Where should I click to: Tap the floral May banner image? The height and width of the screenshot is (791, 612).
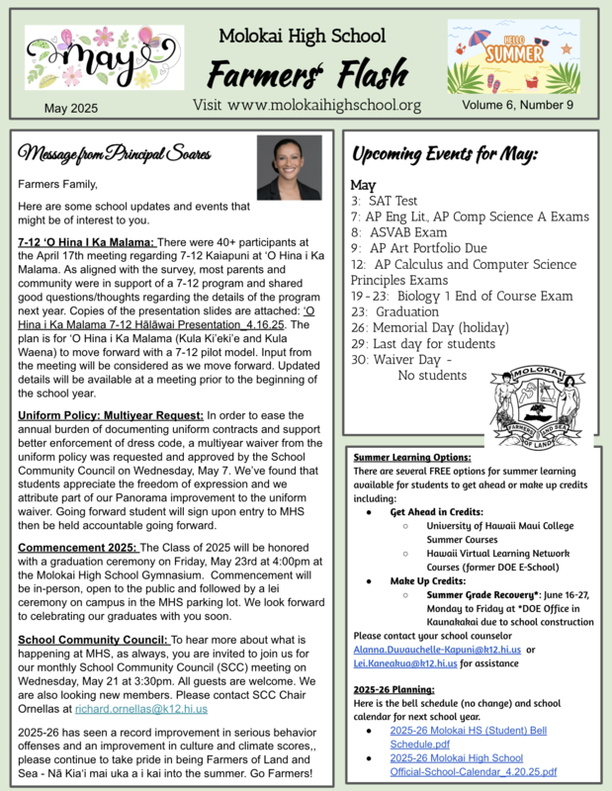coord(91,57)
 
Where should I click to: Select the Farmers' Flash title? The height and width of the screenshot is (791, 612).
coord(306,73)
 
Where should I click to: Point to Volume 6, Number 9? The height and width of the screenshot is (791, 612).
coord(516,105)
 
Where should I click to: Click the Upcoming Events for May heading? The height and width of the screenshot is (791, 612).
coord(445,155)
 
